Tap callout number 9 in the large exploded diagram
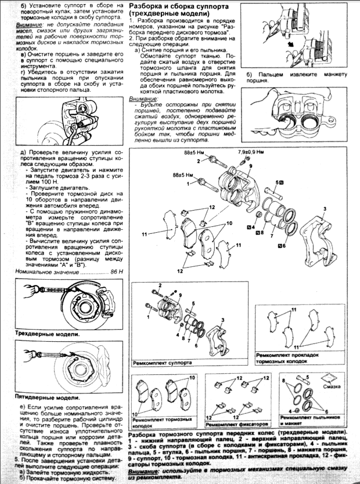(250, 166)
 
